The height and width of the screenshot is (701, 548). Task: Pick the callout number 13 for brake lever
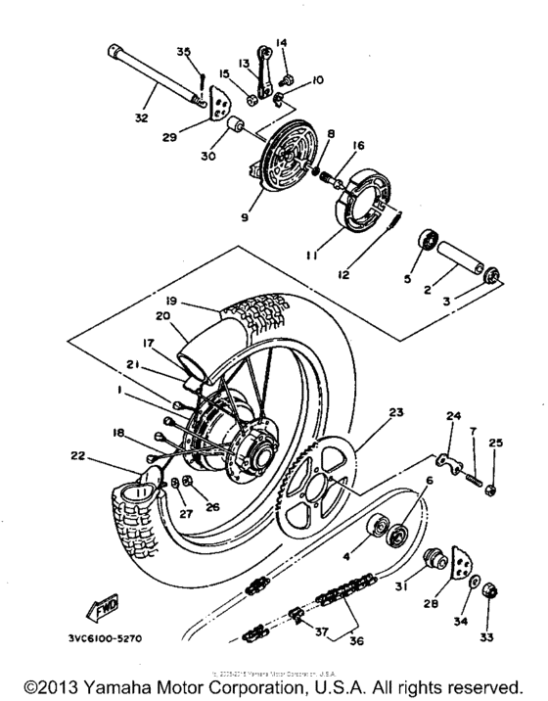pyautogui.click(x=244, y=62)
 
